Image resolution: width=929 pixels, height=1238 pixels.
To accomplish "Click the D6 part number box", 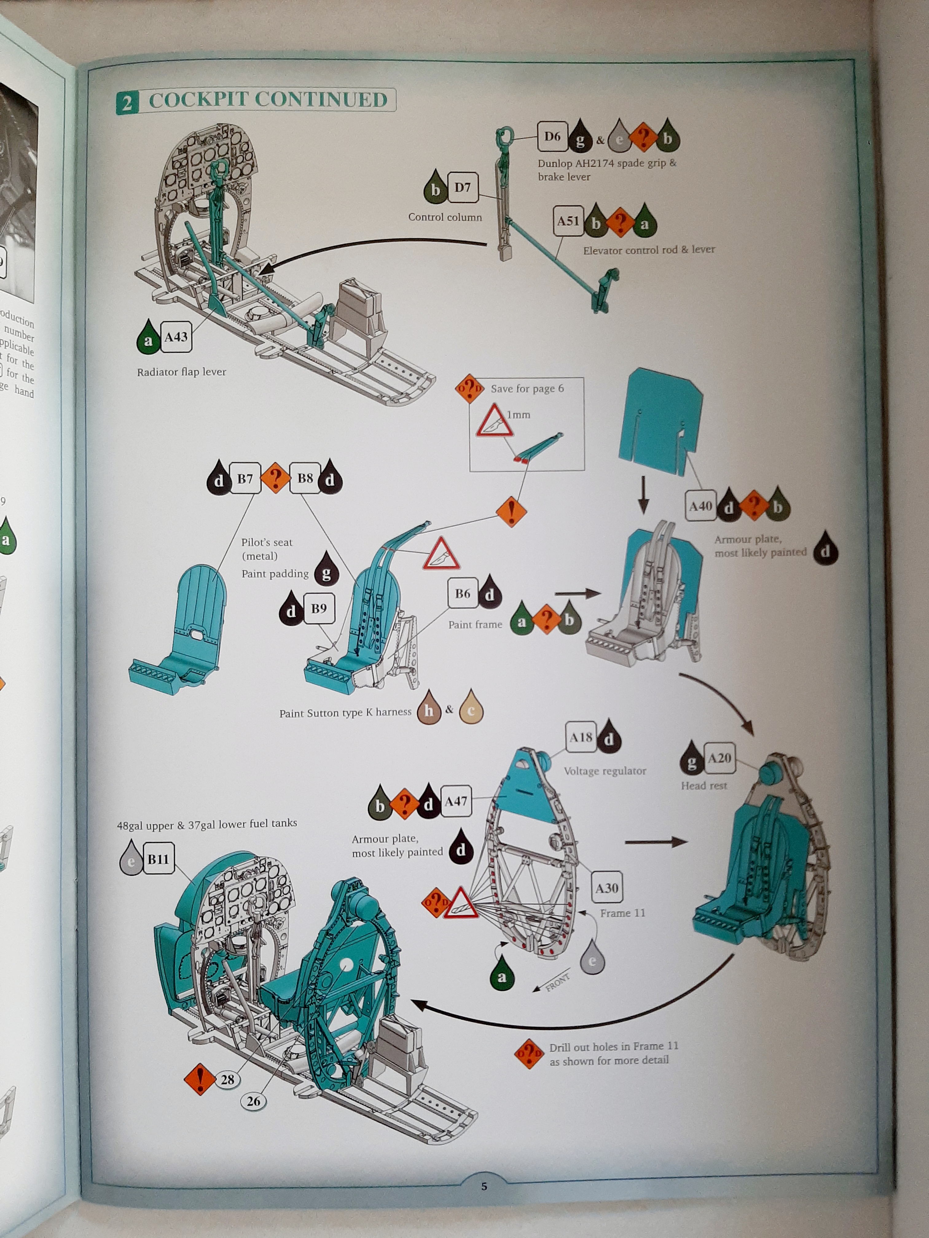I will point(552,137).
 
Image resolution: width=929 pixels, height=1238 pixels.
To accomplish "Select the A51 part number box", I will point(567,221).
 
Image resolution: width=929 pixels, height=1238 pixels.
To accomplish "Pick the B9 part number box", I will point(319,608).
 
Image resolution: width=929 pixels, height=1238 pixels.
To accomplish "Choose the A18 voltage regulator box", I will point(581,738).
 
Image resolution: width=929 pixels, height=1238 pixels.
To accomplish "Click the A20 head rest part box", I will point(719,758).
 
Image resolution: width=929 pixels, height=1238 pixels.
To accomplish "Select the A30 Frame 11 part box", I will point(606,888).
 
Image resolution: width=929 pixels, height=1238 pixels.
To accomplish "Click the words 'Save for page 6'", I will point(527,388).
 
